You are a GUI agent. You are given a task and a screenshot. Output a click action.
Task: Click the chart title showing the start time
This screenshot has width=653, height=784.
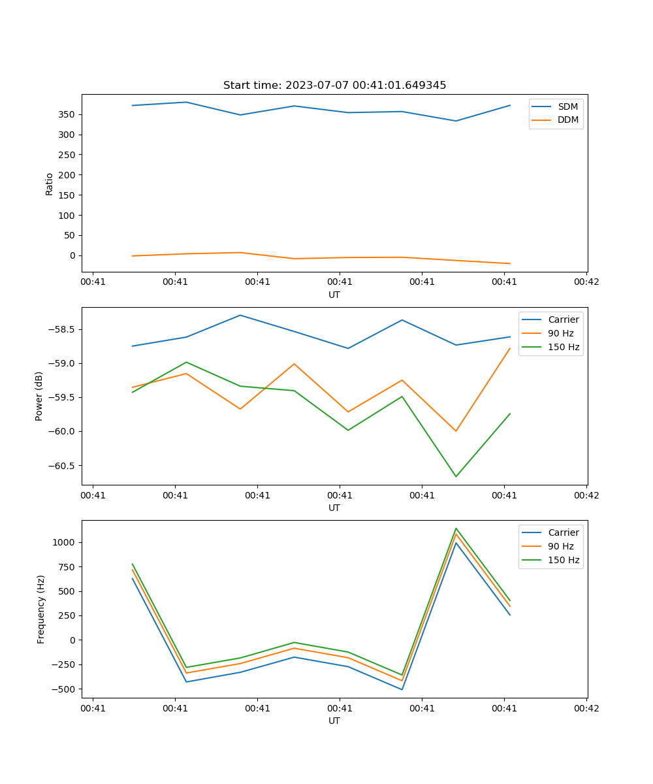pos(334,86)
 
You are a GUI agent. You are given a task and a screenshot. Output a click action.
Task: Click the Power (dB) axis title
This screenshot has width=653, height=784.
pos(40,396)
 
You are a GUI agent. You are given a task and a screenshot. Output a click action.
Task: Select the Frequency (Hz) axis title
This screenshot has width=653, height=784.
pos(41,609)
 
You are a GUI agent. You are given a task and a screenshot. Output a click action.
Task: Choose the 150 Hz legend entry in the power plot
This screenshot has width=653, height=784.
pos(564,347)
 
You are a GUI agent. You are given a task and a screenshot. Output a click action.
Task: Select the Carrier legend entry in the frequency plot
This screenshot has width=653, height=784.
pos(563,532)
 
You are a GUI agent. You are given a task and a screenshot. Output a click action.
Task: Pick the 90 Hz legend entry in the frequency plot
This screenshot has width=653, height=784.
pos(560,546)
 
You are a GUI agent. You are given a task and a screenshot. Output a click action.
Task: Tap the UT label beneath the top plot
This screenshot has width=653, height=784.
pos(334,295)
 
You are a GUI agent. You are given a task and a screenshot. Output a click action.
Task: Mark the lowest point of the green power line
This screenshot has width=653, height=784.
pos(456,476)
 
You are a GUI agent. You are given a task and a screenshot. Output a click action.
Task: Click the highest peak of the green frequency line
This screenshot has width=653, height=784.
pos(456,528)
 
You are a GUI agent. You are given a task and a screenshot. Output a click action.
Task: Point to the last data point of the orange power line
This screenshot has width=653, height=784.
pos(510,348)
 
